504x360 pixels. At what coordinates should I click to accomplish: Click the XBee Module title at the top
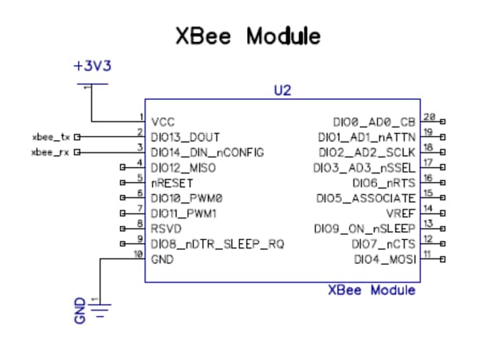pyautogui.click(x=248, y=36)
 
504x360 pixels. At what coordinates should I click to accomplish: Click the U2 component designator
pyautogui.click(x=283, y=91)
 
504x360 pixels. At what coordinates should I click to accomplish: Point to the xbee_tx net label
pyautogui.click(x=51, y=136)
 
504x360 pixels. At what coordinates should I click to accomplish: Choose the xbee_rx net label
pyautogui.click(x=51, y=151)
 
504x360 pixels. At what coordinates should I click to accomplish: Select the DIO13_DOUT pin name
pyautogui.click(x=186, y=136)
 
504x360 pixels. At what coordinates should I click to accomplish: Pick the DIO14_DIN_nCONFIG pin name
pyautogui.click(x=207, y=152)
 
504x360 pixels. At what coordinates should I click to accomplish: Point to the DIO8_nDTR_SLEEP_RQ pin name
pyautogui.click(x=217, y=244)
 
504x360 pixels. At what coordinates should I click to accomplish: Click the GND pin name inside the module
pyautogui.click(x=162, y=259)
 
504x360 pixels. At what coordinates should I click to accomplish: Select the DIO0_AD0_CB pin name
pyautogui.click(x=374, y=121)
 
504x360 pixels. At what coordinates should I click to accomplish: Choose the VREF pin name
pyautogui.click(x=400, y=214)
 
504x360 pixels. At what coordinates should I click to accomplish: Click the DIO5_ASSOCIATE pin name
pyautogui.click(x=365, y=198)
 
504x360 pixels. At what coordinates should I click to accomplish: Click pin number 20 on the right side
pyautogui.click(x=429, y=117)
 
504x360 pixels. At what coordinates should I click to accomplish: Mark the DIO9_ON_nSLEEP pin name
pyautogui.click(x=365, y=229)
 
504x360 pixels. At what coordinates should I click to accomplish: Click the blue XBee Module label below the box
pyautogui.click(x=371, y=291)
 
